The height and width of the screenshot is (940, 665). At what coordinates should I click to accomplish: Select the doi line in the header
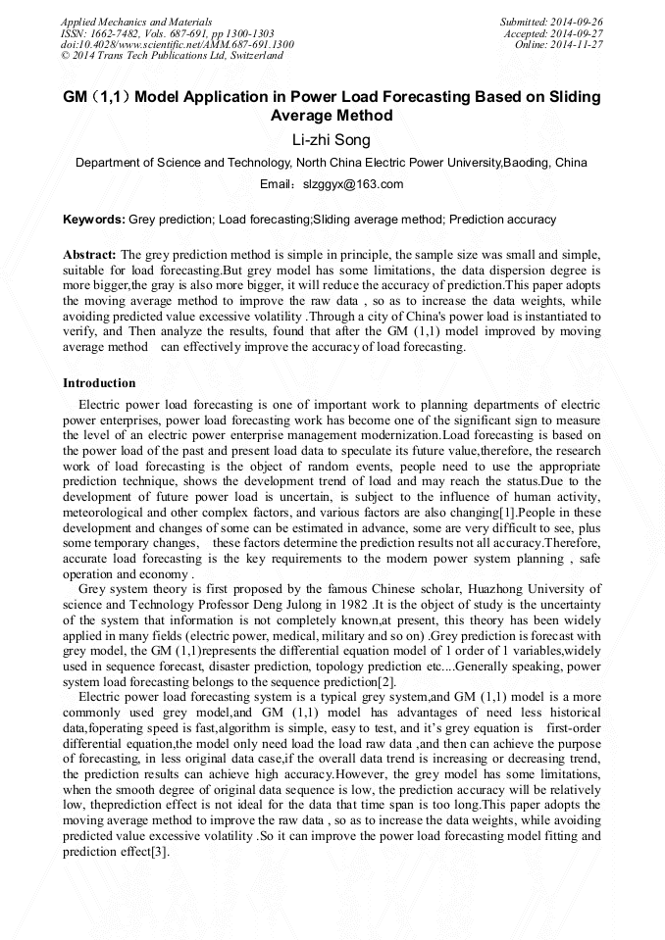(177, 44)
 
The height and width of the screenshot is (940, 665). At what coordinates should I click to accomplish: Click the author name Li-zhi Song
(332, 140)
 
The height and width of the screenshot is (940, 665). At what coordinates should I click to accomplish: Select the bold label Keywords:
(94, 221)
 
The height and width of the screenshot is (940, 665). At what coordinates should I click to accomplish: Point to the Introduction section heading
(99, 382)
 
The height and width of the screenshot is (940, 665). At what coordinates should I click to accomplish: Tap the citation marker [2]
(383, 681)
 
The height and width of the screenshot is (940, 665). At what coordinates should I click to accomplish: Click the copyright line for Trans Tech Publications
(172, 56)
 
